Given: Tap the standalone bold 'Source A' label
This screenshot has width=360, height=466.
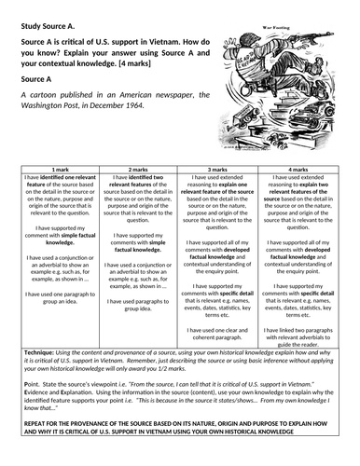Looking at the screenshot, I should tap(36, 81).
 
